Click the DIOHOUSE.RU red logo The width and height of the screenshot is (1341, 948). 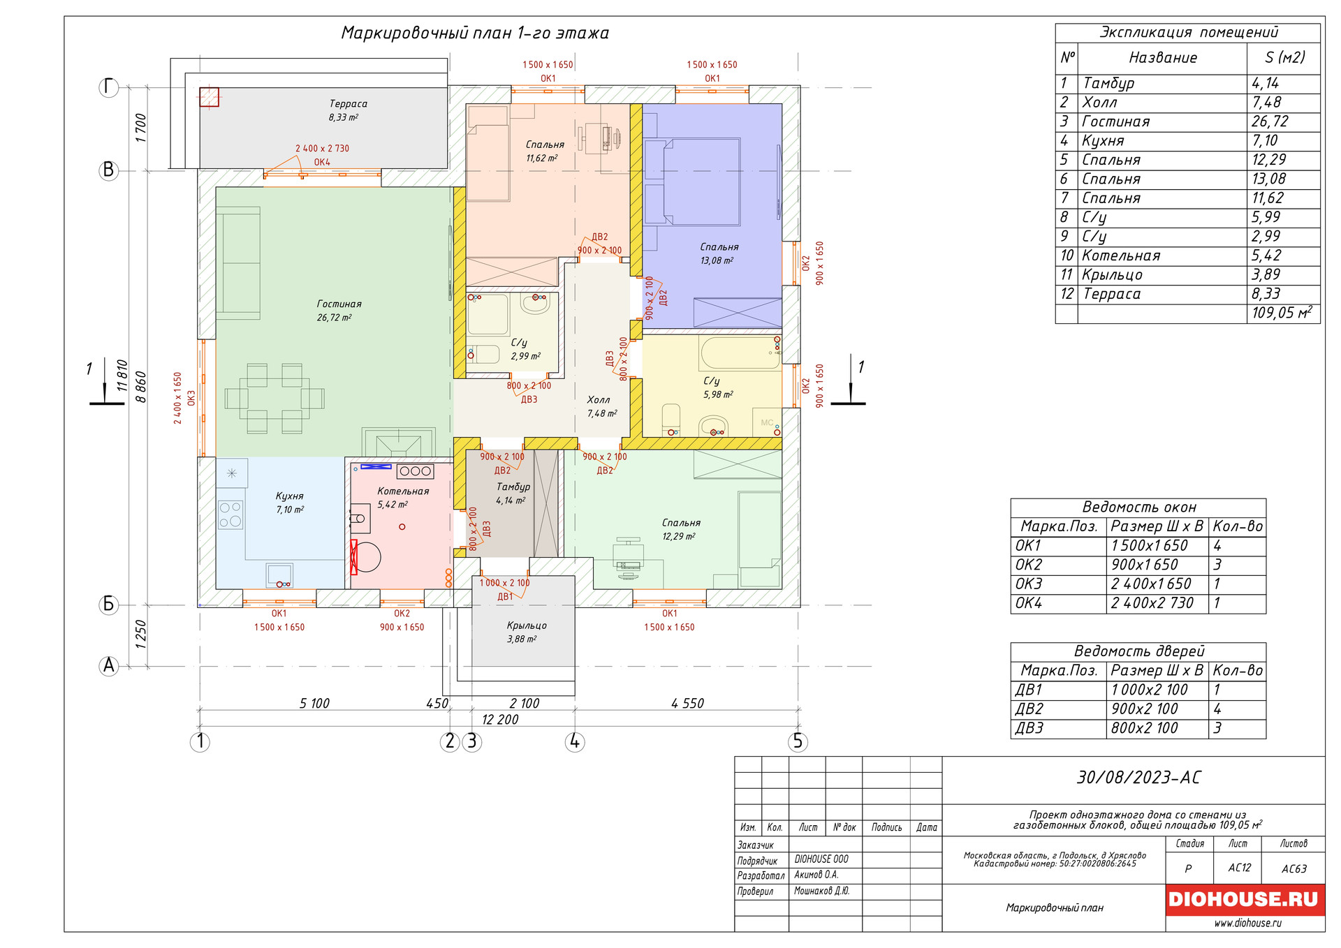coord(1244,899)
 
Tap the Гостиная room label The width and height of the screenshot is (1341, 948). coord(339,304)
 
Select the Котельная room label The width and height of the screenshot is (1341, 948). coord(403,491)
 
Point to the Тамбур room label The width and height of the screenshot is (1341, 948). coord(513,487)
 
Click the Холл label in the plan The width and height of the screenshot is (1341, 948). coord(599,400)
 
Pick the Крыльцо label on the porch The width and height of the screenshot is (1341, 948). coord(527,625)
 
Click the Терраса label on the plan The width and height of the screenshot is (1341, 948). coord(348,104)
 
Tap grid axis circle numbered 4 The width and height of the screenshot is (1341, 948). coord(574,741)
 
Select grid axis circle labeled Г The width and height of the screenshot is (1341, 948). coord(108,87)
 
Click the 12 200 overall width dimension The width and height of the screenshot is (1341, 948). coord(500,720)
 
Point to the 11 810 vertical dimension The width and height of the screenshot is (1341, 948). coord(122,375)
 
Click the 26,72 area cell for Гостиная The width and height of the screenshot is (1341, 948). coord(1269,121)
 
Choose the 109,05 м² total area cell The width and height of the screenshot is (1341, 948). coord(1281,313)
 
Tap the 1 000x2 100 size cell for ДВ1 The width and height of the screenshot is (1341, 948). coord(1149,690)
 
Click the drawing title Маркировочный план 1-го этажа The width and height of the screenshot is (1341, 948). coord(475,33)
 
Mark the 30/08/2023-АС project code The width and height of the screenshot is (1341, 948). coord(1138,778)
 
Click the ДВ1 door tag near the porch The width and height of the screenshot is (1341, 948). coord(505,597)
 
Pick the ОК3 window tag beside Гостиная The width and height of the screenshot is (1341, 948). coord(191,398)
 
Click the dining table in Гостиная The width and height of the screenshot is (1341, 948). coord(274,399)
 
